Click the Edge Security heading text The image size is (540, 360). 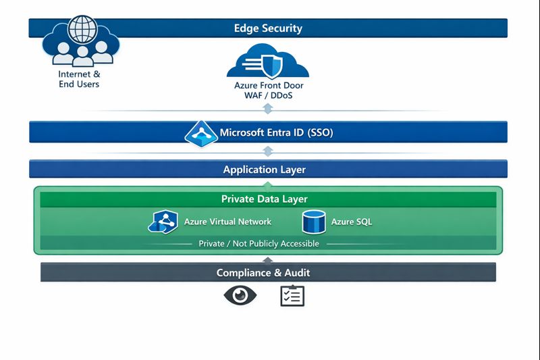point(268,28)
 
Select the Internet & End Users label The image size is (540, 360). point(79,79)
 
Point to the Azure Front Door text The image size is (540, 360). point(269,86)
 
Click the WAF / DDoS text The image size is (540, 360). point(269,96)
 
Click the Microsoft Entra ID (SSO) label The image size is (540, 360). point(277,133)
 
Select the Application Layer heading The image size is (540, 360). point(269,170)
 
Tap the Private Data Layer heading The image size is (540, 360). point(269,199)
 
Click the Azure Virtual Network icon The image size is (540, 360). point(162,222)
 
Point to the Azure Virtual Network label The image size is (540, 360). point(227,222)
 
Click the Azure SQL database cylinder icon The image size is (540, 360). point(314,222)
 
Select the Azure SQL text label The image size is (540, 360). point(351,222)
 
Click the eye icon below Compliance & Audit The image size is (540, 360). point(240,296)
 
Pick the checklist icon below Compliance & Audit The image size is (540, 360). point(292,296)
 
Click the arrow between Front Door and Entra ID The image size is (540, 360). point(269,109)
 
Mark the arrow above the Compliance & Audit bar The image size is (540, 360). point(269,259)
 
